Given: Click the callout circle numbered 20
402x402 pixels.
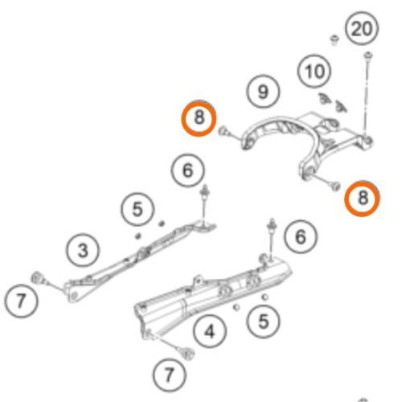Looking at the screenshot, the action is (362, 28).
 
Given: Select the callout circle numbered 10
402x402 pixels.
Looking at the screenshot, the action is (314, 71).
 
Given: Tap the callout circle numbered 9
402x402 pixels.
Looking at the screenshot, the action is (263, 92).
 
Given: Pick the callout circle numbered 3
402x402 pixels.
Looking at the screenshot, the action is (83, 251).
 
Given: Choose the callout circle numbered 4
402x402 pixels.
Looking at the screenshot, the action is (210, 331).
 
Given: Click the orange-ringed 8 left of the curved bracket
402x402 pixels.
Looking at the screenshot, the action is (199, 118).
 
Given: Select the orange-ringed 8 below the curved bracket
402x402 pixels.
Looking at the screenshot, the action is (362, 198).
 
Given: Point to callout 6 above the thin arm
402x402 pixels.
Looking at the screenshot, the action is (187, 170).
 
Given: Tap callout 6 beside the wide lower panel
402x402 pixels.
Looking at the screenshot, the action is (301, 236).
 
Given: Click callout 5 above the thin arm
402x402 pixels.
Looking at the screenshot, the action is (137, 209).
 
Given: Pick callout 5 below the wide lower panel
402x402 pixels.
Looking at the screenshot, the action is (263, 321).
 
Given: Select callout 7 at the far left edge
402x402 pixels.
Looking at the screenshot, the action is (21, 301).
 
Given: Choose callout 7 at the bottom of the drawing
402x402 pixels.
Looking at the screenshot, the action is (170, 375).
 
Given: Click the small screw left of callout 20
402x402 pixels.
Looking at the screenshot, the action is (334, 40).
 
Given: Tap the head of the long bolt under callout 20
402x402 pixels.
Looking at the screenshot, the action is (368, 55).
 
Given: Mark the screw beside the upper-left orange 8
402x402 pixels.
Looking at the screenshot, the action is (223, 131).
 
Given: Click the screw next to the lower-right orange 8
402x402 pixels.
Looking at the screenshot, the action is (335, 186).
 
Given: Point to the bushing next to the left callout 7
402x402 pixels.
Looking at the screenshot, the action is (37, 277).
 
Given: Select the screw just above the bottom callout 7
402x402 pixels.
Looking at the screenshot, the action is (188, 354).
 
